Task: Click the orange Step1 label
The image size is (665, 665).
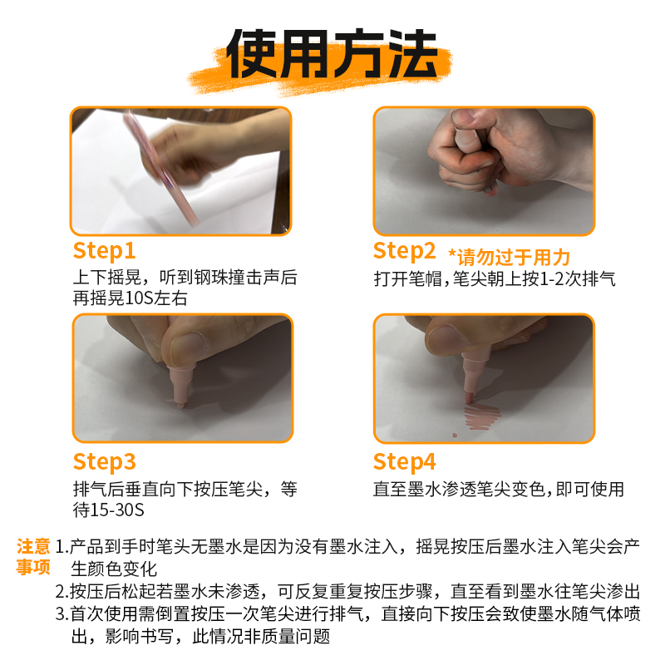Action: tap(104, 251)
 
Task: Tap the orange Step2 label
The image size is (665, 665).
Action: tap(404, 250)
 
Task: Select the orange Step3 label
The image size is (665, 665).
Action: tap(104, 461)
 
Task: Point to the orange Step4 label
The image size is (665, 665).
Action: tap(404, 461)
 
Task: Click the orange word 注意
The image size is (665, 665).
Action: tap(33, 547)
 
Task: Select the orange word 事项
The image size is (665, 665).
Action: tap(33, 568)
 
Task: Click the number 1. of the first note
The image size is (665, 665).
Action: tap(62, 547)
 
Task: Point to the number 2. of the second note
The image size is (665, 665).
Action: tap(62, 592)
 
